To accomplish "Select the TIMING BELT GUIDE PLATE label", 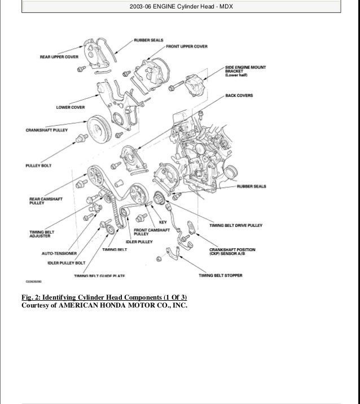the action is pyautogui.click(x=99, y=276).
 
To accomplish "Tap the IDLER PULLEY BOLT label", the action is pyautogui.click(x=51, y=263).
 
